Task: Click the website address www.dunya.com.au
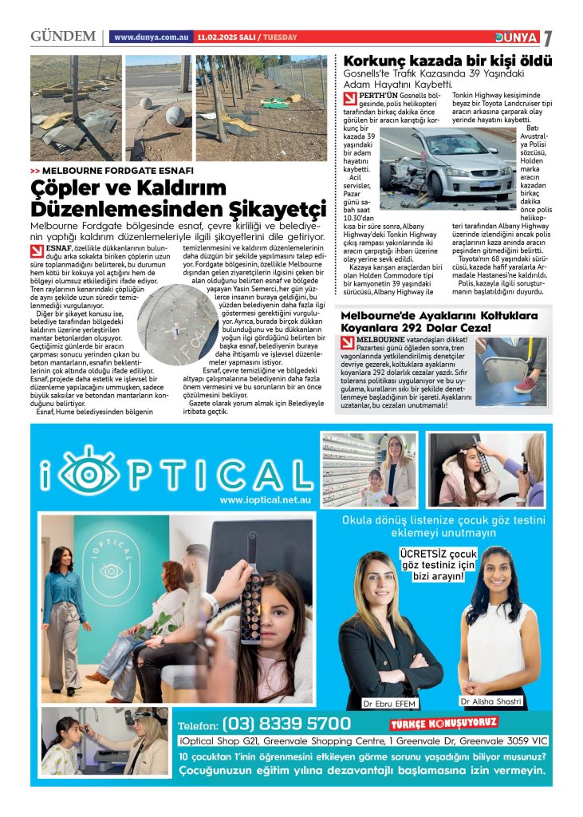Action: tap(152, 37)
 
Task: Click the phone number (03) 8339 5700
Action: tap(286, 724)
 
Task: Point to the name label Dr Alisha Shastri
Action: tap(490, 701)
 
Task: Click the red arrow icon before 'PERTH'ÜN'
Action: tap(349, 99)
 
